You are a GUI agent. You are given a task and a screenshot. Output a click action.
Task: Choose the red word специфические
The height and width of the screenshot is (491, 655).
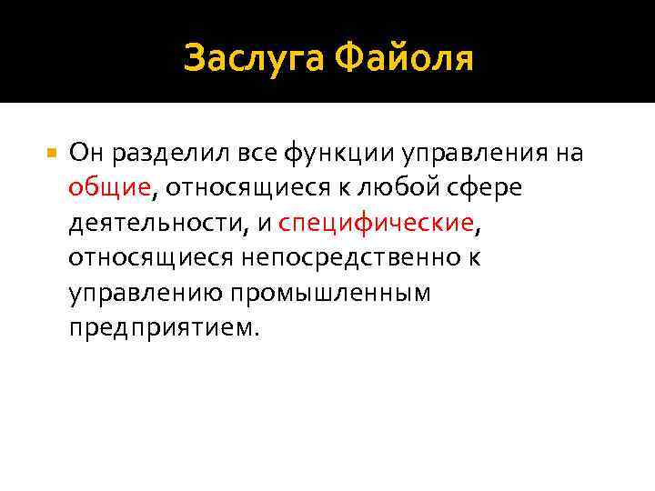tap(376, 222)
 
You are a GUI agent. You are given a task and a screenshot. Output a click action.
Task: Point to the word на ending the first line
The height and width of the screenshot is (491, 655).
tap(569, 152)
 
